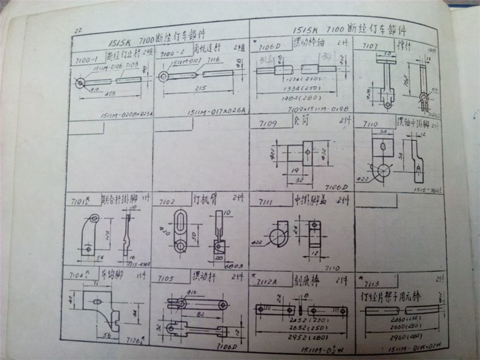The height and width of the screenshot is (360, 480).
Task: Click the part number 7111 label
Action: [264, 199]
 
